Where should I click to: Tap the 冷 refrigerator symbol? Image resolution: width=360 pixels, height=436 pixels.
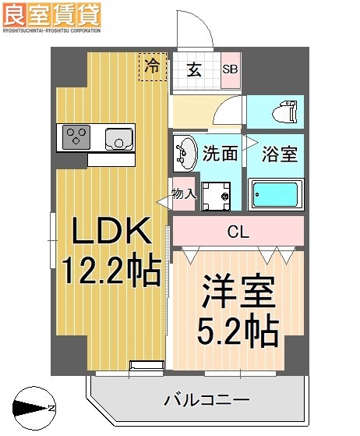153,66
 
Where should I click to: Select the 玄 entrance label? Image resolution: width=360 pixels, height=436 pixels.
195,69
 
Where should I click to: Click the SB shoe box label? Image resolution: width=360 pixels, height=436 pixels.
231,69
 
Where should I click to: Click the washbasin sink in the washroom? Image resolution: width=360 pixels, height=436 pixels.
185,151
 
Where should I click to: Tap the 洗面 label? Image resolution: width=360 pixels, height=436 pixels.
220,154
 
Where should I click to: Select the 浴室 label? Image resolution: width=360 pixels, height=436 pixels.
279,154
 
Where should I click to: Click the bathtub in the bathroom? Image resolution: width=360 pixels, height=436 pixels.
276,193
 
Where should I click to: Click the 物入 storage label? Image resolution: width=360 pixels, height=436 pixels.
183,193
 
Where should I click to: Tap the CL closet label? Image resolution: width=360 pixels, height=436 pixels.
238,231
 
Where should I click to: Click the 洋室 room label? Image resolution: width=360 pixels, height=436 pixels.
238,294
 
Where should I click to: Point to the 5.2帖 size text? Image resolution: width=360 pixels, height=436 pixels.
238,332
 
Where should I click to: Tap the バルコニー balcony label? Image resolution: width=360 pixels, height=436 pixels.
206,401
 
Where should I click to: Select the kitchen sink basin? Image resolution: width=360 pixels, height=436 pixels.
118,139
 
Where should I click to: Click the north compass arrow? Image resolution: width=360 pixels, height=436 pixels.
31,407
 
